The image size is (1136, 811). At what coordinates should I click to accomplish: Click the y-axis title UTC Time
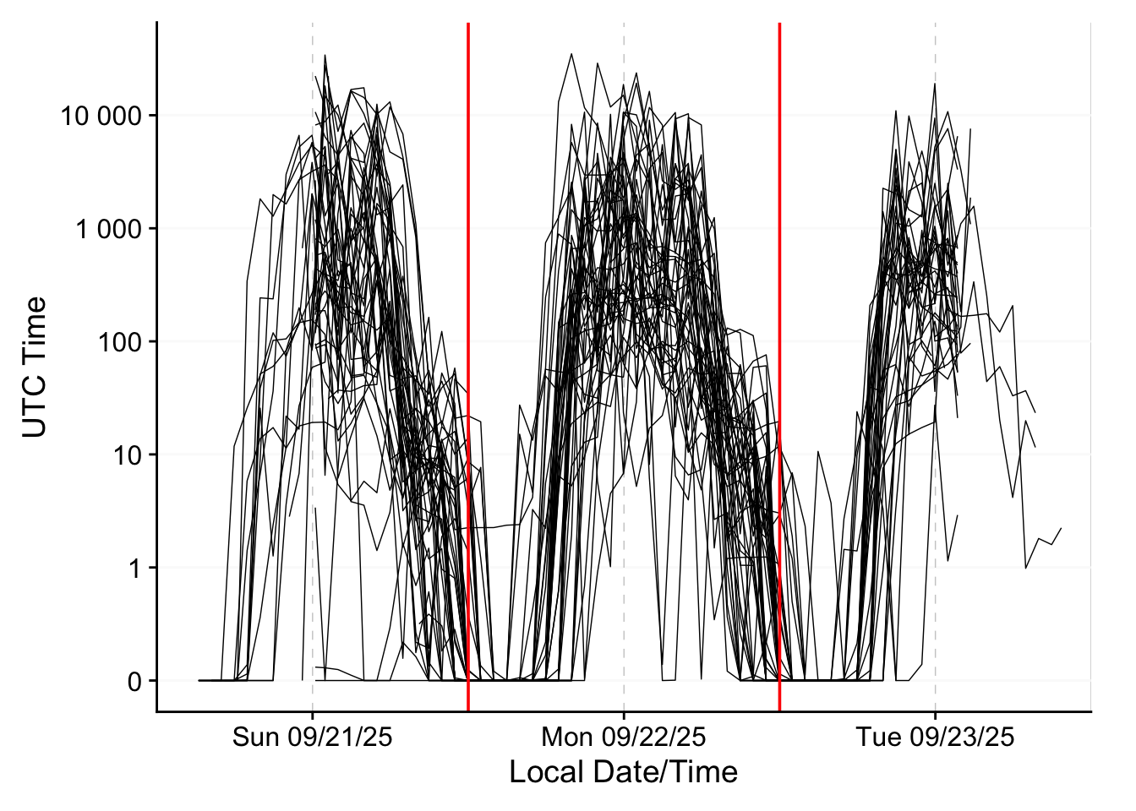pos(35,367)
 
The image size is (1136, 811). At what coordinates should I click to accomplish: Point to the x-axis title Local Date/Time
pos(624,772)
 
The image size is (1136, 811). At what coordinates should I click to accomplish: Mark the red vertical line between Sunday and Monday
pos(468,253)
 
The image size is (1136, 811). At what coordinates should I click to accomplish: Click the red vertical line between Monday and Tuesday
pos(779,253)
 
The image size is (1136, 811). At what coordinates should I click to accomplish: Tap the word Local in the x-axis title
pos(538,772)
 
